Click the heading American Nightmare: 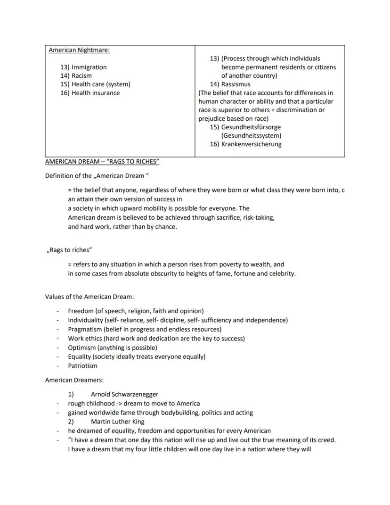pos(79,50)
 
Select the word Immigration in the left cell pos(89,67)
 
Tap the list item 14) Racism pos(76,76)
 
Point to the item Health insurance pos(96,93)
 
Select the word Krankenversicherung pos(252,144)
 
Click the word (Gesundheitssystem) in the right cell pos(252,136)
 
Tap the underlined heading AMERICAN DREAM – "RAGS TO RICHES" pos(102,162)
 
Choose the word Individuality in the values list pos(85,320)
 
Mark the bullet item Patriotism pos(83,366)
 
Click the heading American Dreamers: pos(74,380)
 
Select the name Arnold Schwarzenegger pos(124,394)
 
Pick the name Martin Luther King pos(118,422)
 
